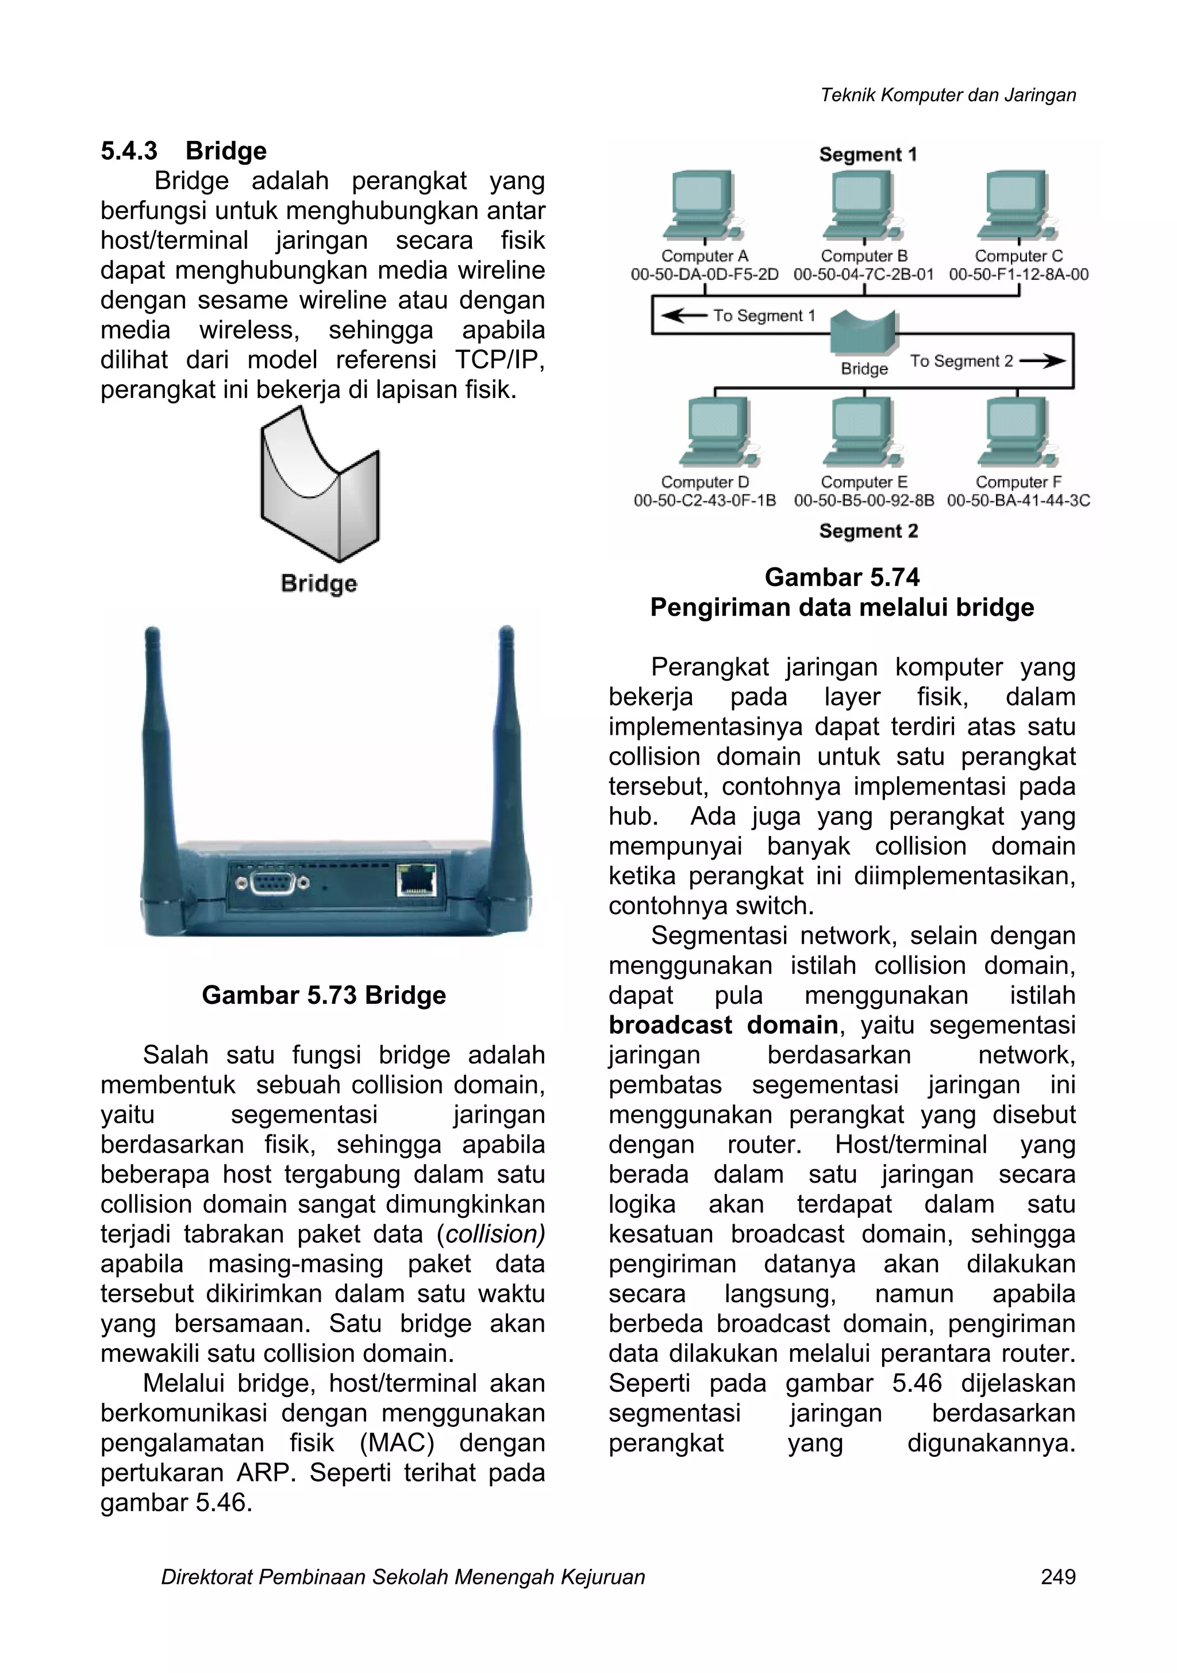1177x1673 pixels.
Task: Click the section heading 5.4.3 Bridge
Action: pyautogui.click(x=183, y=151)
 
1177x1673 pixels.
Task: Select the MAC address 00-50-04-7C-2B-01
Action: pyautogui.click(x=863, y=275)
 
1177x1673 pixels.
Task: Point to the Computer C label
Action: pyautogui.click(x=1018, y=256)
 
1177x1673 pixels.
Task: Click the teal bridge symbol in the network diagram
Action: pyautogui.click(x=864, y=332)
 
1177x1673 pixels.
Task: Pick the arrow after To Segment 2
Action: pyautogui.click(x=1043, y=360)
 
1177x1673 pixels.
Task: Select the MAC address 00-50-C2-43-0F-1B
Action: pyautogui.click(x=705, y=501)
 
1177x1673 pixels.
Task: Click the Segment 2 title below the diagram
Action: pyautogui.click(x=868, y=531)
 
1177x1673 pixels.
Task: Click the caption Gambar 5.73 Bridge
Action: pyautogui.click(x=324, y=995)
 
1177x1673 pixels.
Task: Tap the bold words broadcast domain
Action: pyautogui.click(x=723, y=1025)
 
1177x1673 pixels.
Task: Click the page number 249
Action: pyautogui.click(x=1057, y=1577)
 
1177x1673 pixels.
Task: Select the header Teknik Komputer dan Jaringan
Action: pyautogui.click(x=948, y=95)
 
